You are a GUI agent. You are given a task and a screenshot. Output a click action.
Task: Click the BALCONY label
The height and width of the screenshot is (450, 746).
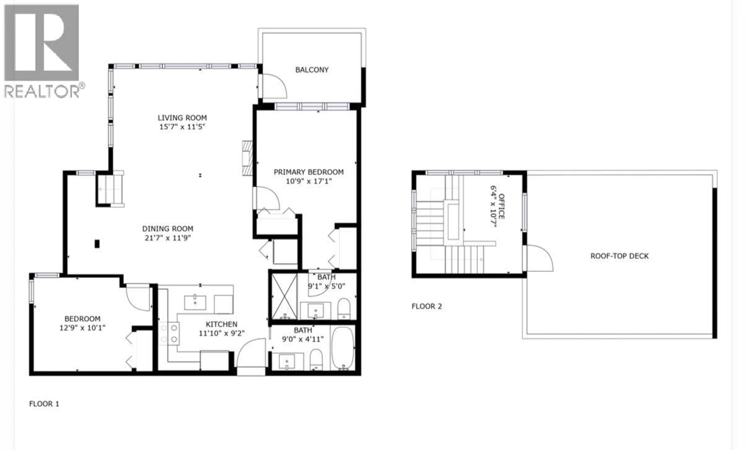coord(312,70)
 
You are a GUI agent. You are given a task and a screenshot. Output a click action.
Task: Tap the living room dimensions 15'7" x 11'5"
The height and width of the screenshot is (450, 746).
coord(182,127)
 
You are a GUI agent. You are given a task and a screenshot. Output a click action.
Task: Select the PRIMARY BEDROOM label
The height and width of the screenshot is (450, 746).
coord(309,172)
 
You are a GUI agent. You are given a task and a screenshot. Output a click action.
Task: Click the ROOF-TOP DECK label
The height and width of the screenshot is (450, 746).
coord(620,256)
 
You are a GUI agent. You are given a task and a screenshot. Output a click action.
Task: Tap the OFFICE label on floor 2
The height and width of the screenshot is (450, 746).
coord(501,206)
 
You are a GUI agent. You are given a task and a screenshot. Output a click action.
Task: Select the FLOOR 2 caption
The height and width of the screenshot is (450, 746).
coord(427,306)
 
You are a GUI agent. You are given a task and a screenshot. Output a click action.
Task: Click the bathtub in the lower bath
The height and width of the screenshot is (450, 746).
coord(343,349)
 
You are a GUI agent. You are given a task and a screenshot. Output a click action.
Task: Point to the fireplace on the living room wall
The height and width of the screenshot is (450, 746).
coord(247,158)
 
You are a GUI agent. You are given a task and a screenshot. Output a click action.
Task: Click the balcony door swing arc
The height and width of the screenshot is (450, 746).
coord(274,86)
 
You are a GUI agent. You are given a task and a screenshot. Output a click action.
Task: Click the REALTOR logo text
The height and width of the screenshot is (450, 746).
coord(42,91)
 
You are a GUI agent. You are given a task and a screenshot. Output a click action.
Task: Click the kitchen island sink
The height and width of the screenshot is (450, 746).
coord(195,302)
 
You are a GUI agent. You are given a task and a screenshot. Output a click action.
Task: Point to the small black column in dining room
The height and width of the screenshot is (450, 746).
coord(97,244)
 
